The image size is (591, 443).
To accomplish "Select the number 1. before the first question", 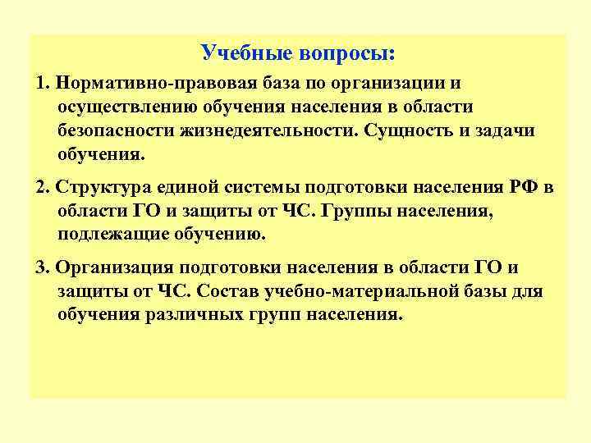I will [x=43, y=84].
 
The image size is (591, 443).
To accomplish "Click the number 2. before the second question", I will [x=43, y=186].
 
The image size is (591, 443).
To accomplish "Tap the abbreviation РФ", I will [x=526, y=186].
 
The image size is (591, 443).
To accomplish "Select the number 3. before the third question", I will [x=43, y=267].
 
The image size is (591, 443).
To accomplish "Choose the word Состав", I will [x=231, y=291].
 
